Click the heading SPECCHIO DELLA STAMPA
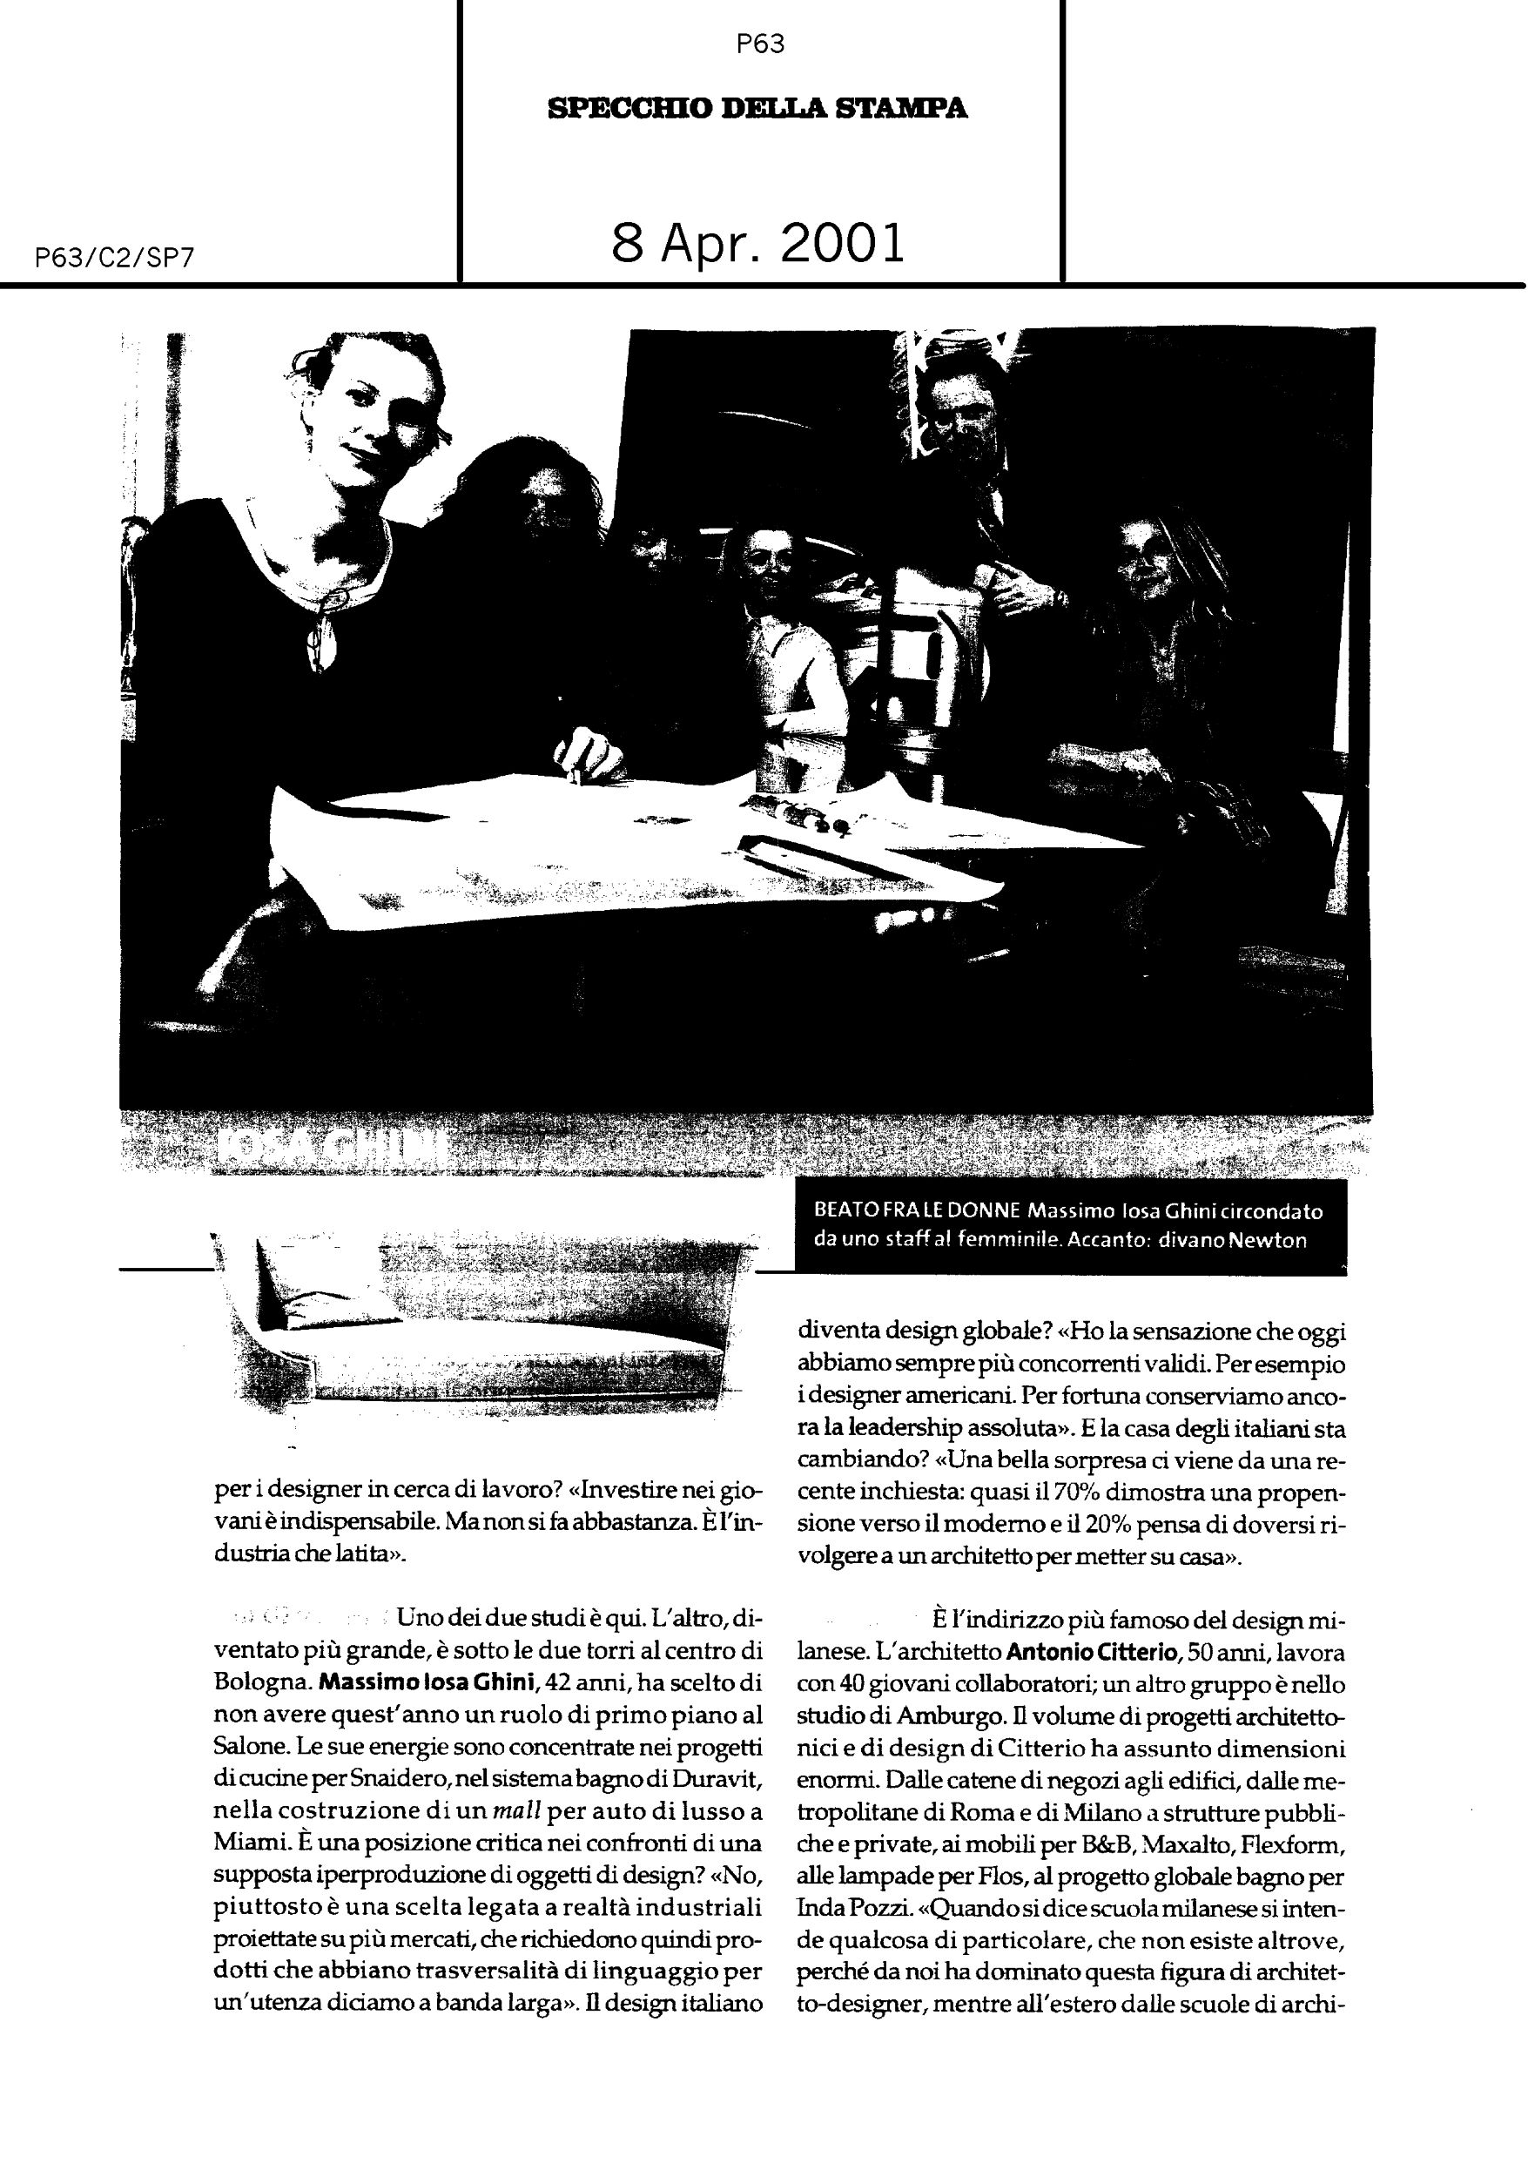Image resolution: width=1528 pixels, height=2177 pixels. (x=757, y=108)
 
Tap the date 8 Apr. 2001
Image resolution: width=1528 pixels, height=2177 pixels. (x=757, y=243)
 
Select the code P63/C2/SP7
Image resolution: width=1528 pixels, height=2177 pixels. (x=114, y=258)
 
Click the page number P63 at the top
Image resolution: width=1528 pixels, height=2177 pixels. (x=760, y=44)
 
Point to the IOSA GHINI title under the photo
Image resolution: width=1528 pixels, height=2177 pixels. (x=332, y=1149)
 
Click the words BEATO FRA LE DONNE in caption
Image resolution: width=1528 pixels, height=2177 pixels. (x=916, y=1210)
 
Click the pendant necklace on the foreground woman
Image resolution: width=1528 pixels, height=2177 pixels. (x=320, y=640)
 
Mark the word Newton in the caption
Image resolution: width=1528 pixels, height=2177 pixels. (x=1268, y=1240)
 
